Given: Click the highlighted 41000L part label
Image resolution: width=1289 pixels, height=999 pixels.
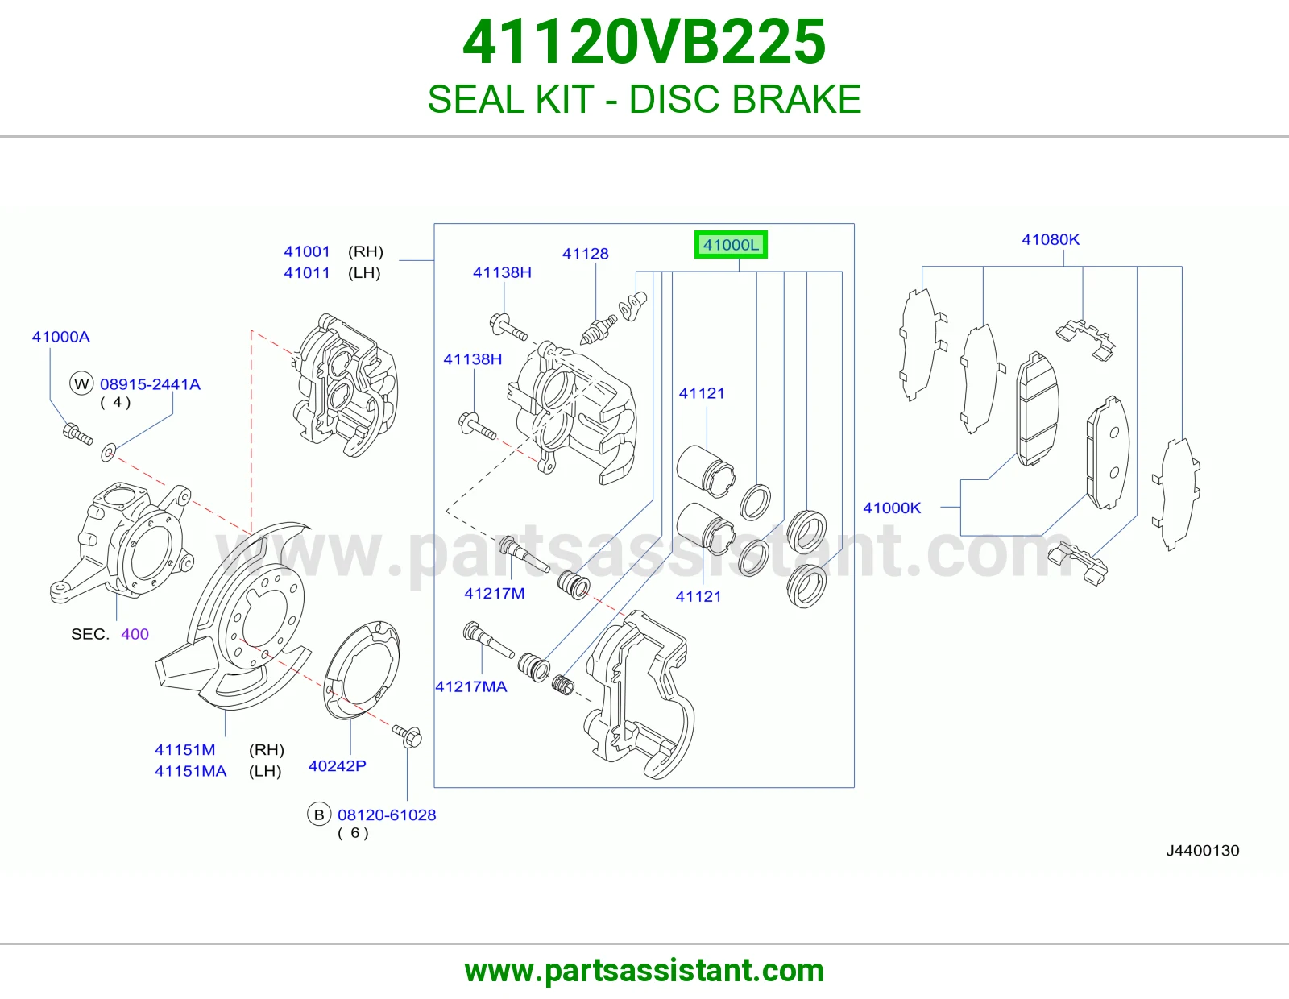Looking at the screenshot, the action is point(731,244).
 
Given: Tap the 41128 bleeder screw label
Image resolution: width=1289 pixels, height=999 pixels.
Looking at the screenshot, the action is point(585,254).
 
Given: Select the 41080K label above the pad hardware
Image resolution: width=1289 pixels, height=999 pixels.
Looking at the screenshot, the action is point(1051,239).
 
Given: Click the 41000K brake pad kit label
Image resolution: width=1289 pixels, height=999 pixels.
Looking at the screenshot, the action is point(892,508).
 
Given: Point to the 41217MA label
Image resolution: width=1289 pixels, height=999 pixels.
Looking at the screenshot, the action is point(471,686).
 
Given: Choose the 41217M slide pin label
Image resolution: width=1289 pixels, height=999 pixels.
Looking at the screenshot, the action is point(494,593).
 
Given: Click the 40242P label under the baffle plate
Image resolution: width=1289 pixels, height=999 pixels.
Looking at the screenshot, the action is point(337,766).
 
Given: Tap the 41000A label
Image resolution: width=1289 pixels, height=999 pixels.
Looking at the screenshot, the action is point(60,337).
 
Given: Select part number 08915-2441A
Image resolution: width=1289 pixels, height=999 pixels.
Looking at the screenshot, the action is point(150,384).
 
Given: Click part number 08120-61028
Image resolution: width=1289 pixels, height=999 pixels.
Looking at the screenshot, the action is point(387,815).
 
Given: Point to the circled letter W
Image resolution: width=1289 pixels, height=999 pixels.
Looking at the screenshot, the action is point(82,383).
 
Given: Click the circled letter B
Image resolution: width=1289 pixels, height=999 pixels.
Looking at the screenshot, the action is point(318,815).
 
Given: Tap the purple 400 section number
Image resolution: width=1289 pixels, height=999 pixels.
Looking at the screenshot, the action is point(135,634).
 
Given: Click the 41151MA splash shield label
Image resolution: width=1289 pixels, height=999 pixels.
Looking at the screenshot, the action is point(190,771).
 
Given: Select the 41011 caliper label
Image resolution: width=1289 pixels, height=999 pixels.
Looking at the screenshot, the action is point(307,273).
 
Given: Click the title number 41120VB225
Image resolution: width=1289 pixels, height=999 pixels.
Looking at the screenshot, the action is point(644,42).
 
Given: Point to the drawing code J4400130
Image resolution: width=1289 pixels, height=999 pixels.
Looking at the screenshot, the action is point(1202,851).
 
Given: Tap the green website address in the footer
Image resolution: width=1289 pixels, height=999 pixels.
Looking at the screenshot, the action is point(644,971).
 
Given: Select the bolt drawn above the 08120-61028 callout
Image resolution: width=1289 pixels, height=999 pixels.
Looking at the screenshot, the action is point(407,736).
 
